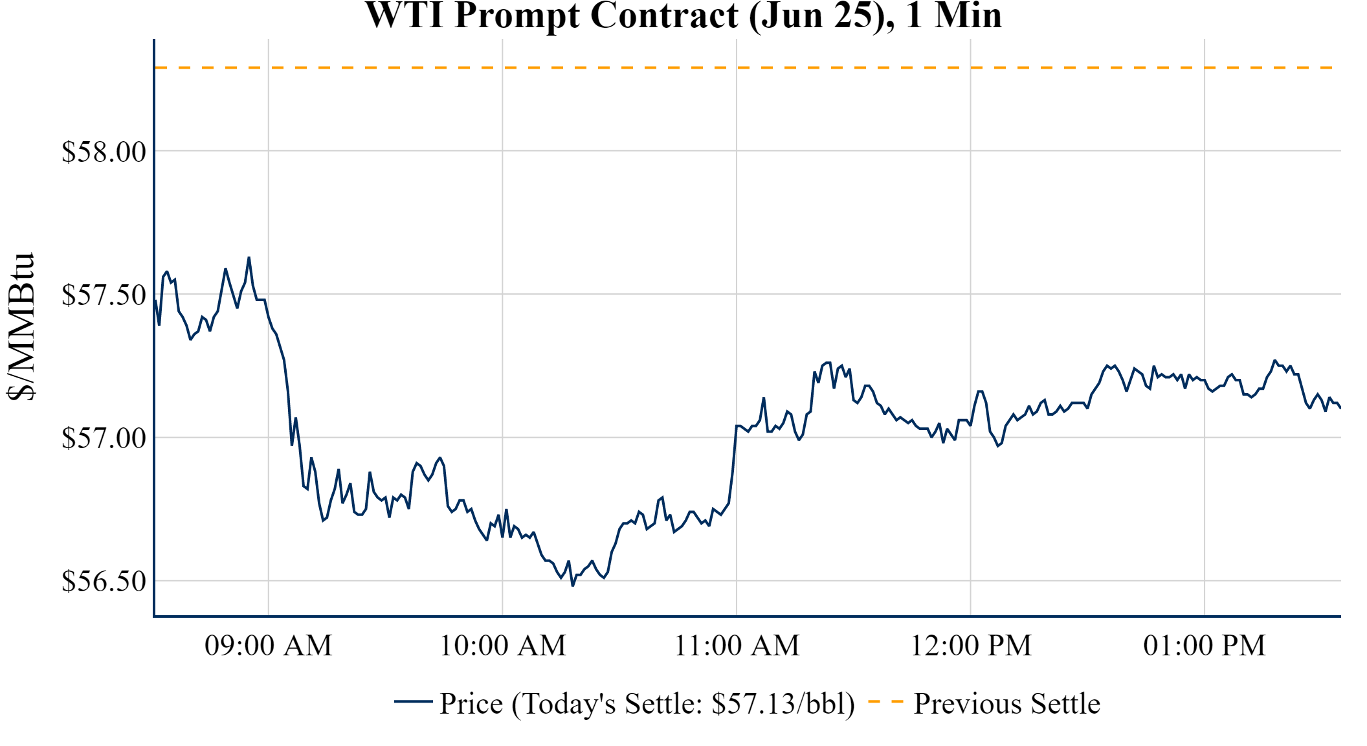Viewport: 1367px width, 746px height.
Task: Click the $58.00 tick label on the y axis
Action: coord(104,152)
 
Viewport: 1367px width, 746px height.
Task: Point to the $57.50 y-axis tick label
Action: coord(104,295)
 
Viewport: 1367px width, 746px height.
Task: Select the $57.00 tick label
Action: coord(104,438)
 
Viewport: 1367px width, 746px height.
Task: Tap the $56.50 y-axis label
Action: coord(104,582)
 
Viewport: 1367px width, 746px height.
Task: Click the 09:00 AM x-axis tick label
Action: coord(269,646)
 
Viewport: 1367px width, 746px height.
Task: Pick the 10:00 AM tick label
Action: coord(503,646)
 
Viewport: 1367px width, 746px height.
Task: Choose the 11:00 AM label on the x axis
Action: coord(737,646)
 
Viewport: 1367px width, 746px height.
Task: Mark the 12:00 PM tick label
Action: coord(971,646)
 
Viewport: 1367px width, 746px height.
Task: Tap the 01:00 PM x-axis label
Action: coord(1205,646)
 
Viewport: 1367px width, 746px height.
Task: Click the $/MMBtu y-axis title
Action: coord(21,327)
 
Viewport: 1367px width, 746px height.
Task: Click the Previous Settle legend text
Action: coord(1006,704)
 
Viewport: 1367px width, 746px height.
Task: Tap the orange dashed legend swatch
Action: coord(885,701)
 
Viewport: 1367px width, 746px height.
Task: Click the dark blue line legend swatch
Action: coord(413,701)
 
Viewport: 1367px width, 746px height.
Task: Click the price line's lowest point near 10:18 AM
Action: coord(573,585)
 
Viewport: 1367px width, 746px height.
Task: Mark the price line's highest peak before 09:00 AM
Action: coord(249,258)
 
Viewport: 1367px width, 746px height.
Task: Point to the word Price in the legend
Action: coord(471,704)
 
